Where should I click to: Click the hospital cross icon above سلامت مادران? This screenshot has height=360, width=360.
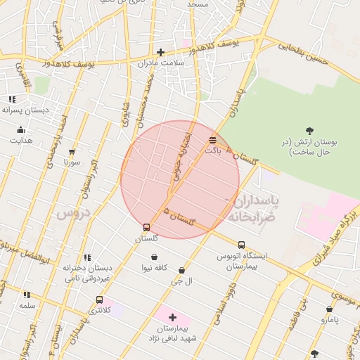click(161, 51)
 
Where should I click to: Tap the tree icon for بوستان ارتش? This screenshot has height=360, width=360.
click(309, 130)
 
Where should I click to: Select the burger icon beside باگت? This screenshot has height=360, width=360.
click(212, 139)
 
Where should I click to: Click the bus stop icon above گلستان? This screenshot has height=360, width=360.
click(146, 227)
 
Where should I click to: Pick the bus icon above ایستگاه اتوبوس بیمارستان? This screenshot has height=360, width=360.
click(242, 245)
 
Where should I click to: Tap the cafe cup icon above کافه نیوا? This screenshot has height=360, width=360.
click(154, 257)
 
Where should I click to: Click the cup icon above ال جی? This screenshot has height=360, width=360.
click(182, 270)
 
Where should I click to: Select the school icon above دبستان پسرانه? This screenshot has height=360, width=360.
click(12, 99)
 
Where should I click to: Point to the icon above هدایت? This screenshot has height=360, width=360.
click(20, 129)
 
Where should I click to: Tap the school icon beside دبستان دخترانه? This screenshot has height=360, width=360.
click(87, 257)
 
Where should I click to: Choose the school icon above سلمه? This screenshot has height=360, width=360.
click(27, 295)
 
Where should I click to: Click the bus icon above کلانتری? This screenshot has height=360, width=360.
click(99, 300)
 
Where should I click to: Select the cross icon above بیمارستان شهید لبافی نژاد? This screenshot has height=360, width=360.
click(172, 317)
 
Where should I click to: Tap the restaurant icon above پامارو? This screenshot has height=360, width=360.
click(329, 309)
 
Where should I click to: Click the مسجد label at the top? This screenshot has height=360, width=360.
click(198, 4)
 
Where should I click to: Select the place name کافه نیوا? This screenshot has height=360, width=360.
click(154, 268)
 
